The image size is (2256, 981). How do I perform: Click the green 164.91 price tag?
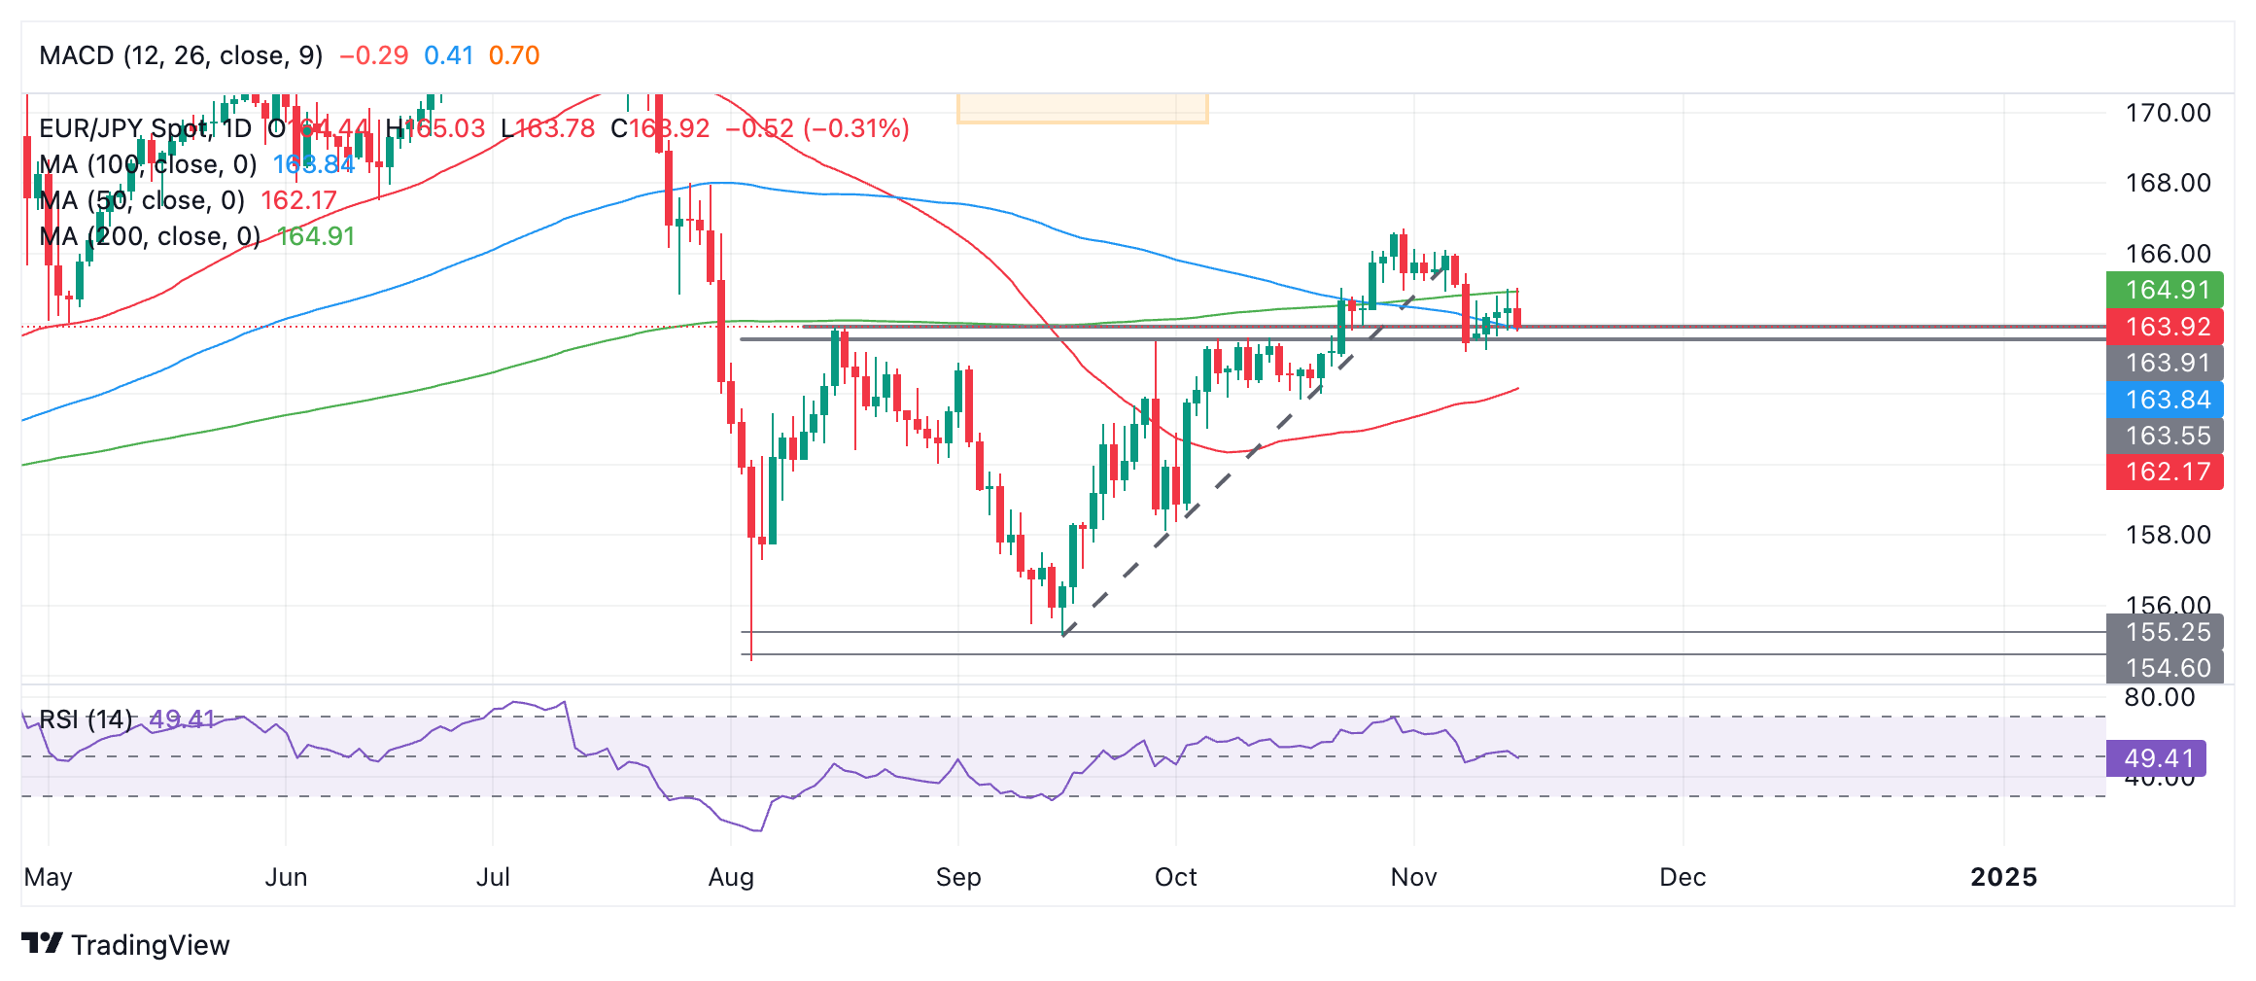2166,290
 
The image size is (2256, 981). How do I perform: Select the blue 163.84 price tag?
2166,400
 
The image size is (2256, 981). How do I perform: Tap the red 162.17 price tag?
2166,472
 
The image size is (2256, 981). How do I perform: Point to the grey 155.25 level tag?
2166,632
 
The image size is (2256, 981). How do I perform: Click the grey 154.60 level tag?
2166,668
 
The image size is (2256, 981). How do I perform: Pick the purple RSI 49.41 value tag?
2157,758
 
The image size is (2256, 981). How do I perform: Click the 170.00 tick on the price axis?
2168,113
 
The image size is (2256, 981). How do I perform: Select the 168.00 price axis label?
2168,183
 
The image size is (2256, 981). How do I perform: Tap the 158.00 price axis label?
2168,535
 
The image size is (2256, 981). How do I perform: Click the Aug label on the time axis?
731,877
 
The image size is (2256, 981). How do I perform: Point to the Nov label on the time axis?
1413,877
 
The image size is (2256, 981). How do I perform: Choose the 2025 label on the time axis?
2003,877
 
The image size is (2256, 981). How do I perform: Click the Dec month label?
1683,877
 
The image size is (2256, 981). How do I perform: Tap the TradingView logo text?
150,945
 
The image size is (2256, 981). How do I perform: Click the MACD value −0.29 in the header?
373,55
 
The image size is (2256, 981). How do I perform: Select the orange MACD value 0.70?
514,55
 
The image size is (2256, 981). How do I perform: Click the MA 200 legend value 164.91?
317,236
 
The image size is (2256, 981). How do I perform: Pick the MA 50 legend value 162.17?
298,200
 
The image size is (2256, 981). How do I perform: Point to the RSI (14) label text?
86,719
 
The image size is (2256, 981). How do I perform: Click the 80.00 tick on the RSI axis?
2160,697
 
